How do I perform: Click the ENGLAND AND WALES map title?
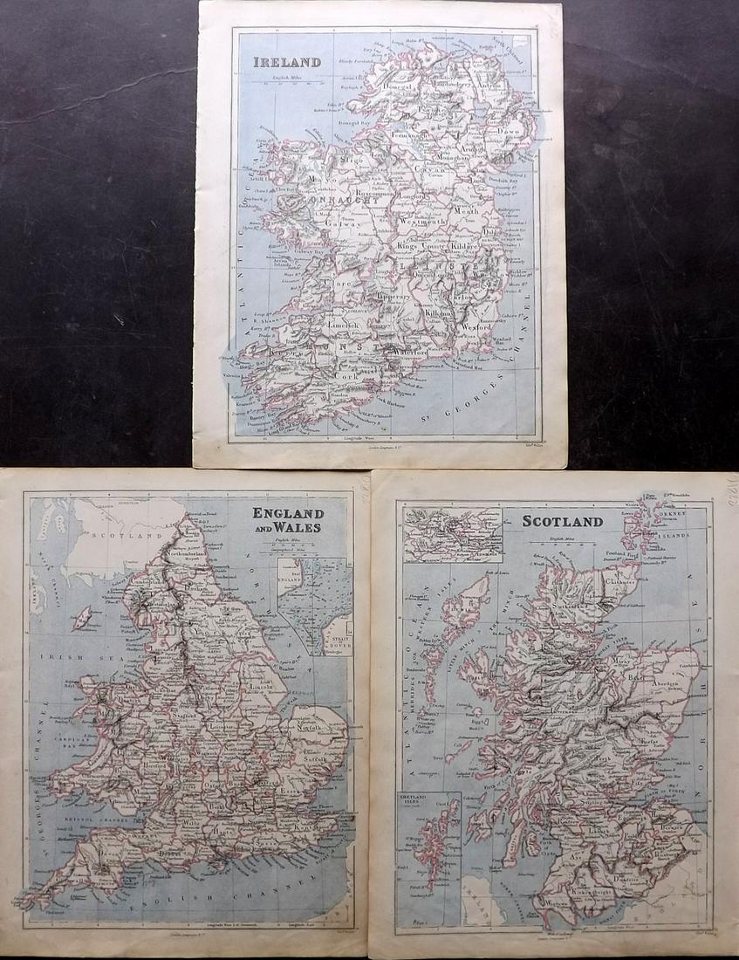288,520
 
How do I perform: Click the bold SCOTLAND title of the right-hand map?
563,522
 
